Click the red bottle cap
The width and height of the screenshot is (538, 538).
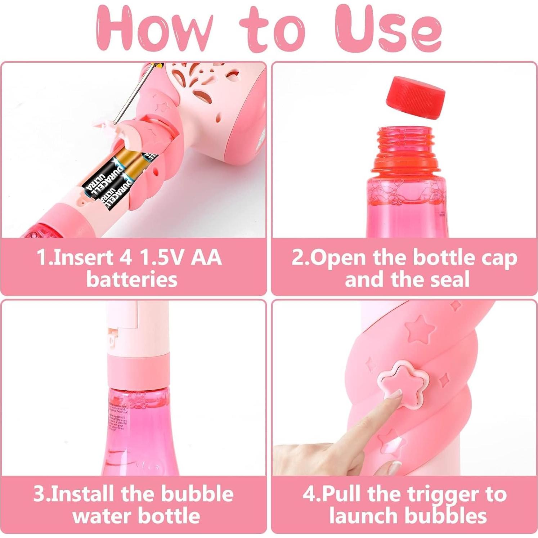[x=415, y=97]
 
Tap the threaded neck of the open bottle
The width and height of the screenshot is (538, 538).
[x=405, y=144]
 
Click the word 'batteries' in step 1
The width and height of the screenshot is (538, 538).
[x=132, y=279]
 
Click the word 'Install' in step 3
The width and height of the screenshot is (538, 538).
[x=83, y=494]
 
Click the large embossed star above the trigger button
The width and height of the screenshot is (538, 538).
[x=420, y=328]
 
